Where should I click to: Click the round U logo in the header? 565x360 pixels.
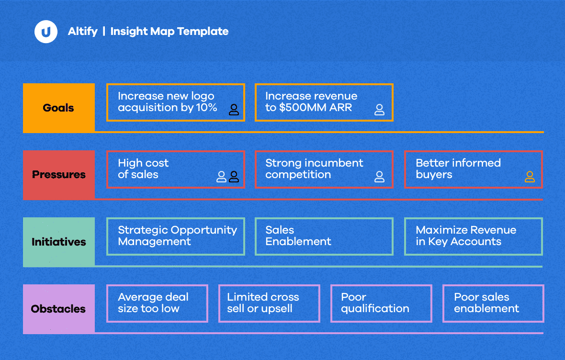(46, 32)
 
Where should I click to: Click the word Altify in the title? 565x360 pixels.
(82, 32)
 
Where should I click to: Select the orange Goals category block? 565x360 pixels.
(59, 108)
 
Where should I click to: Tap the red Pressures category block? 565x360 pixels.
(59, 175)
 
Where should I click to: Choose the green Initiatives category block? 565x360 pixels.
(59, 242)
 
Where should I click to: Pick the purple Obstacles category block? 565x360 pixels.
(59, 309)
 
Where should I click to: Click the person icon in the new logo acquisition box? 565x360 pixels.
(234, 110)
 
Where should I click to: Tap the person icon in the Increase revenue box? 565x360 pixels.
(379, 110)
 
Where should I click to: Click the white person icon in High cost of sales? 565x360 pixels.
(221, 177)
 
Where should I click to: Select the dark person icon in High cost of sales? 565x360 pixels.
(234, 177)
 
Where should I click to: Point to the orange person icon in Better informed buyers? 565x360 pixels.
(530, 177)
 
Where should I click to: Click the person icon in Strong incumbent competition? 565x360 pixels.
(379, 177)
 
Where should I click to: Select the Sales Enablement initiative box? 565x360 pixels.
(324, 236)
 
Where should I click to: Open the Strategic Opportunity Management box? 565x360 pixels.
(176, 236)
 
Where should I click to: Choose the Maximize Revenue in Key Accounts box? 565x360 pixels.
(474, 236)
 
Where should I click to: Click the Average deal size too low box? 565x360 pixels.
(158, 304)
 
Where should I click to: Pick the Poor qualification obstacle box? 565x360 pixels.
(381, 304)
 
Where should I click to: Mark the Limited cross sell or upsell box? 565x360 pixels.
(269, 304)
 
